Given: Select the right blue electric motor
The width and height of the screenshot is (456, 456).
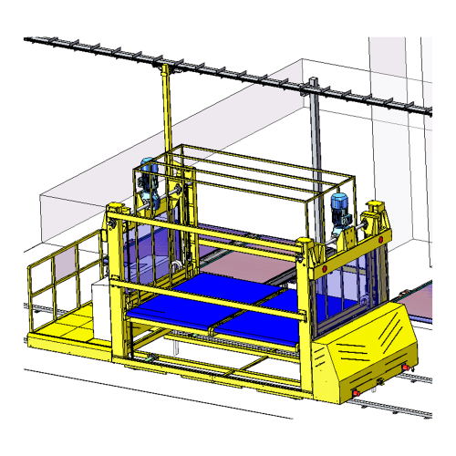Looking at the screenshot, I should [340, 210].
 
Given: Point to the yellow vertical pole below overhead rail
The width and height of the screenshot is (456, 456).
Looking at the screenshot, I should [166, 109].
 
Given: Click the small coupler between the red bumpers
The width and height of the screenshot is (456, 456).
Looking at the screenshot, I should [378, 379].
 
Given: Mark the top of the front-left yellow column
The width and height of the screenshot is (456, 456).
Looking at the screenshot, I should [115, 212].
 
